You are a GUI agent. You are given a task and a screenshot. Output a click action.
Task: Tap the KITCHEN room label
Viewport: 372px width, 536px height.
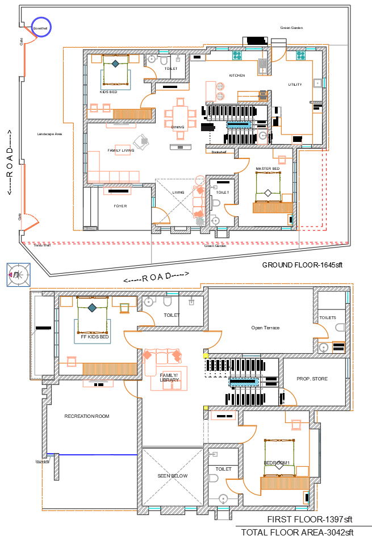pos(237,76)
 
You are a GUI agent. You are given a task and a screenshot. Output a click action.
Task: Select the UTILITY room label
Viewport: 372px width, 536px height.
pos(295,85)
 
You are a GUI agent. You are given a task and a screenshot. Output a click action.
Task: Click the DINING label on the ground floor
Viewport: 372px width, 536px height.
pos(178,127)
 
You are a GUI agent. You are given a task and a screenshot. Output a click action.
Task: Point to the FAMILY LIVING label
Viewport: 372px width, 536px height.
pos(121,150)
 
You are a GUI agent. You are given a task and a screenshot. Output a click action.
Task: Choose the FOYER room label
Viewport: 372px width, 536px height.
pos(120,206)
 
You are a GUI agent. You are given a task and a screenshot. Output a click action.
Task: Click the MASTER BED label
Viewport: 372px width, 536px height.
pos(267,169)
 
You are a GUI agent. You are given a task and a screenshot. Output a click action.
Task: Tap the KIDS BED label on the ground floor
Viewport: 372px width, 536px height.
pos(108,92)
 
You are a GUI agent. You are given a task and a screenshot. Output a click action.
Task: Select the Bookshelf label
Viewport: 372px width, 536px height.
pos(219,152)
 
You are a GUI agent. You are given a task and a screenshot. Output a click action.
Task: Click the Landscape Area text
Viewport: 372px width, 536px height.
pos(49,134)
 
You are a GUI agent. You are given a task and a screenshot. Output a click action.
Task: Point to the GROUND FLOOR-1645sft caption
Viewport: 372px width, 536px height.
pos(302,265)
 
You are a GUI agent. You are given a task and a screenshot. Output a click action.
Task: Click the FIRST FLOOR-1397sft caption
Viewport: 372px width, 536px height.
pos(310,520)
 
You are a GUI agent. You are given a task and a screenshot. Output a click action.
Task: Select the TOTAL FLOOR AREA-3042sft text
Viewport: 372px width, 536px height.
pos(297,532)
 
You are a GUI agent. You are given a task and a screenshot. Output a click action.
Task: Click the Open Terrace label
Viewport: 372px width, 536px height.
pos(265,328)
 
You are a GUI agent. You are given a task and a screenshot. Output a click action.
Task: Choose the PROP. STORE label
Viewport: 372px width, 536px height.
pos(312,379)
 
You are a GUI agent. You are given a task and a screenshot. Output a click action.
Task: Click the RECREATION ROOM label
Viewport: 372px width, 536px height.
pos(86,416)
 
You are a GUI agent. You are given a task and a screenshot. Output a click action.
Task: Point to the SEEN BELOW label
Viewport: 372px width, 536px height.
pos(172,476)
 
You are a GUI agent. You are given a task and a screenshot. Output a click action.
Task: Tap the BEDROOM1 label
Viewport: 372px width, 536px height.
pos(277,463)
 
